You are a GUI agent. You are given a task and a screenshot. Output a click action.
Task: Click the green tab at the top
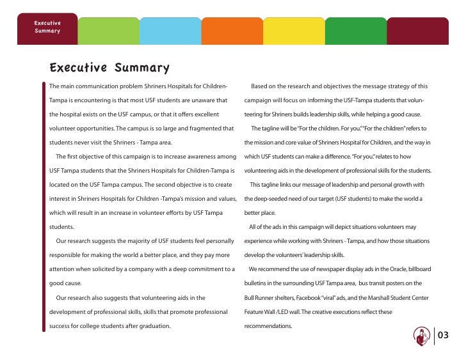[108, 31]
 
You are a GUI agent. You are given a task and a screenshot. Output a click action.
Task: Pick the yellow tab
[294, 31]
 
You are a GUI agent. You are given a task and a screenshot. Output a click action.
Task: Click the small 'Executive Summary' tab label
[47, 26]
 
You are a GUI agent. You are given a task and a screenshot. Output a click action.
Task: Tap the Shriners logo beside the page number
[422, 335]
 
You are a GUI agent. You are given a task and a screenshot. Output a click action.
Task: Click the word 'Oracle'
[400, 269]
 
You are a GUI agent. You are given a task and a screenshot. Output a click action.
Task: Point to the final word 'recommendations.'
[268, 325]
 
